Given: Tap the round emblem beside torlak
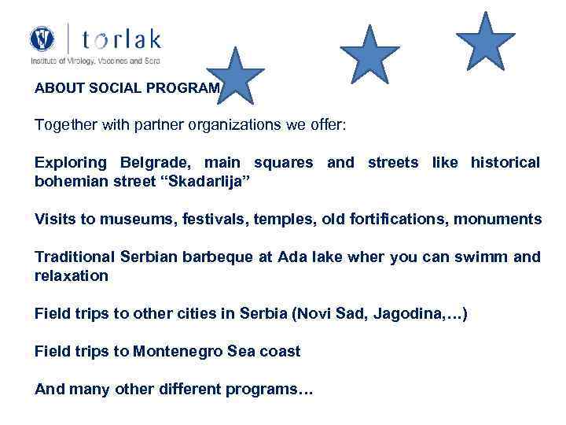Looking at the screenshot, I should (42, 39).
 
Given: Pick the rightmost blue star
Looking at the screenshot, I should (485, 42).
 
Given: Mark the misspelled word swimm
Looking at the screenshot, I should (486, 257).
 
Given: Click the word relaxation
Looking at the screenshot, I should (72, 275).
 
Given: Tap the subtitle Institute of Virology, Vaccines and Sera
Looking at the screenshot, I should (94, 60).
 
